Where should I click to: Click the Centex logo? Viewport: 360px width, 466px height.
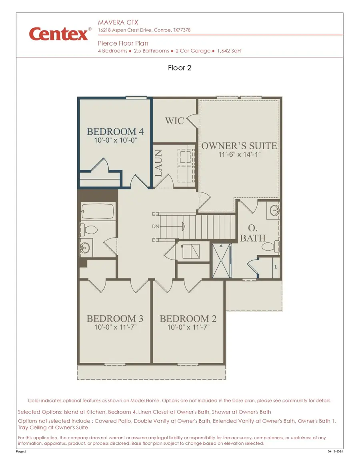pos(58,34)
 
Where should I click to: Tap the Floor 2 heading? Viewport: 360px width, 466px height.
pos(180,68)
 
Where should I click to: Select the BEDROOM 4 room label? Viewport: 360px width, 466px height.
pos(115,132)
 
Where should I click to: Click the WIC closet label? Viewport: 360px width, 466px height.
pos(174,120)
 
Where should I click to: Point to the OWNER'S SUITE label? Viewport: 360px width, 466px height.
pos(239,146)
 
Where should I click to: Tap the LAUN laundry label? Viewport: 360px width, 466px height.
pos(158,163)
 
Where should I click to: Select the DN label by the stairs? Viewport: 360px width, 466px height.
pos(156,226)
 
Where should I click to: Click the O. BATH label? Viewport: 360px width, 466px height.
pos(252,233)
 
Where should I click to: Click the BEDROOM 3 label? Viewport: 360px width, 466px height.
pos(115,319)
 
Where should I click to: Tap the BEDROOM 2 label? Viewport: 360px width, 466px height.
pos(188,319)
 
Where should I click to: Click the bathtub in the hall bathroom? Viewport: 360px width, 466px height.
pos(98,211)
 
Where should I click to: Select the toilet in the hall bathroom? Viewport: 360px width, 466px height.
pos(89,230)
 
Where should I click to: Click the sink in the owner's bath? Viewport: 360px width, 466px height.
pos(274,210)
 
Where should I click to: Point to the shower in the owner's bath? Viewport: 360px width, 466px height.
pos(221,260)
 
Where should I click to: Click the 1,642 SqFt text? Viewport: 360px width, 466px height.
pos(230,51)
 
